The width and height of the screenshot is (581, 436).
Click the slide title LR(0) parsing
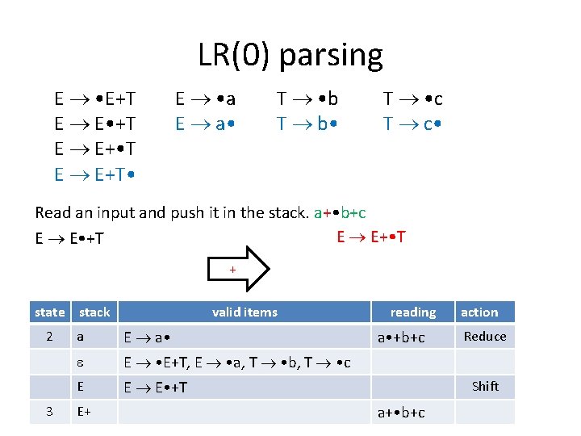[290, 55]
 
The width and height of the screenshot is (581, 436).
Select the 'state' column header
[50, 312]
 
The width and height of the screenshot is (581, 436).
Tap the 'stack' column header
[94, 312]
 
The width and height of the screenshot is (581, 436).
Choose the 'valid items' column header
[245, 312]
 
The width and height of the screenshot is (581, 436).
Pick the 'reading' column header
[412, 312]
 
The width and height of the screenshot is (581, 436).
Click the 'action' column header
[479, 312]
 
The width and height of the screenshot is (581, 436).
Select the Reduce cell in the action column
[485, 337]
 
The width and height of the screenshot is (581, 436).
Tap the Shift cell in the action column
[485, 386]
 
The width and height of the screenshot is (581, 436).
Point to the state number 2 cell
[50, 337]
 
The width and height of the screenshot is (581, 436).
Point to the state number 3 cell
[50, 412]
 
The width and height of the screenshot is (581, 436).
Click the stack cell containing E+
[83, 412]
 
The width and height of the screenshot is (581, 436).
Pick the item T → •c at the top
[412, 99]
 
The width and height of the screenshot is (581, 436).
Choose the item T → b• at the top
[307, 124]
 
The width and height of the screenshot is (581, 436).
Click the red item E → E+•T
[371, 237]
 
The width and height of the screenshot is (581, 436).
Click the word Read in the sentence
[52, 213]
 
